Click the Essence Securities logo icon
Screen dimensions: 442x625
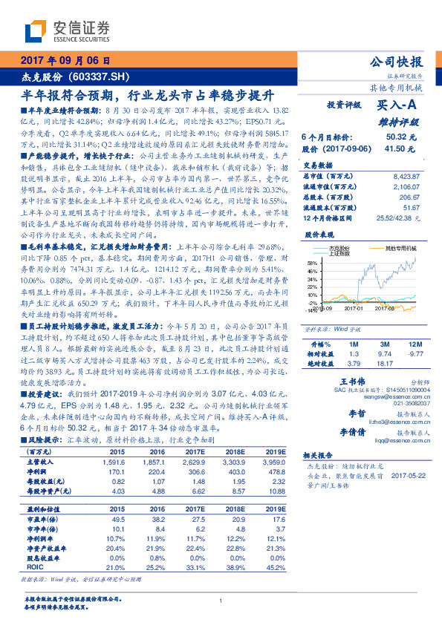[36, 31]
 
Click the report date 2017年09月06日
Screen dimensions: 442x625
[65, 61]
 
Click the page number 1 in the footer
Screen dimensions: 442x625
[221, 601]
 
